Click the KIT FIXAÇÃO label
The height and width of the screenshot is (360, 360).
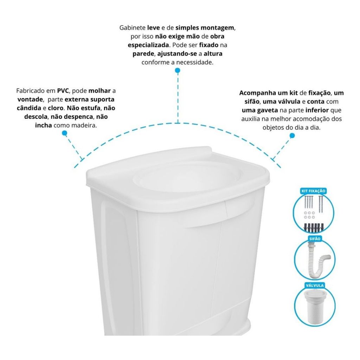pyautogui.click(x=313, y=191)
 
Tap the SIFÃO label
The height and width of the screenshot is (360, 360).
pyautogui.click(x=315, y=239)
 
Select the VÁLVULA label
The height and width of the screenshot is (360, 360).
pyautogui.click(x=315, y=285)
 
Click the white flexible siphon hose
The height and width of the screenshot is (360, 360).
pyautogui.click(x=317, y=261)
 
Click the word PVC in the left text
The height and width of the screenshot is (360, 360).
pyautogui.click(x=63, y=91)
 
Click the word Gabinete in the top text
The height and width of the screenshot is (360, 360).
pyautogui.click(x=133, y=28)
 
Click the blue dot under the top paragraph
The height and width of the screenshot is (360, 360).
pyautogui.click(x=178, y=70)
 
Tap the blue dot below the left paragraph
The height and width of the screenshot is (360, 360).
pyautogui.click(x=65, y=133)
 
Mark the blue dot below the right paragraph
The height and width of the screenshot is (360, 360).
pyautogui.click(x=292, y=135)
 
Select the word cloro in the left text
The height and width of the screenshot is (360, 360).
pyautogui.click(x=56, y=108)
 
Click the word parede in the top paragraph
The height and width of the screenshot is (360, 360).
pyautogui.click(x=143, y=54)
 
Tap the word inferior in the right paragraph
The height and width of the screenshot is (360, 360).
pyautogui.click(x=317, y=110)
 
